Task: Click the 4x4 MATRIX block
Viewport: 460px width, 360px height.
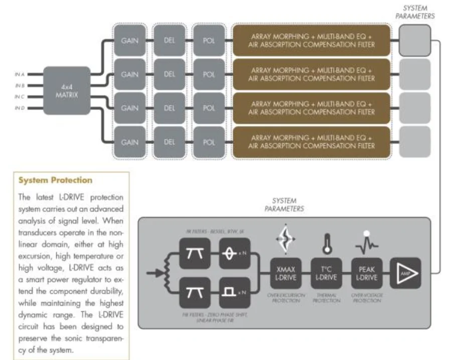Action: pyautogui.click(x=67, y=90)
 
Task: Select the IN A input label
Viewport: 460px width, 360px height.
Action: pyautogui.click(x=21, y=74)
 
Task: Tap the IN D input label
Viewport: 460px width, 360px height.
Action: pyautogui.click(x=21, y=108)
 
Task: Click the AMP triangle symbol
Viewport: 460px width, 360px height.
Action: pyautogui.click(x=404, y=273)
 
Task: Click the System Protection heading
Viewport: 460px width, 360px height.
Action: pyautogui.click(x=55, y=180)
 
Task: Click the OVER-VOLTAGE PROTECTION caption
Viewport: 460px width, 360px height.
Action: pyautogui.click(x=366, y=298)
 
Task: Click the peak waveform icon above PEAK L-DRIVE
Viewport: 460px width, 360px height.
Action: pyautogui.click(x=367, y=244)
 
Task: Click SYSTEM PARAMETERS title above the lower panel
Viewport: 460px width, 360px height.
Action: pyautogui.click(x=284, y=204)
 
